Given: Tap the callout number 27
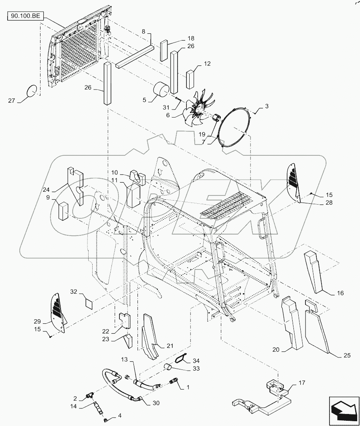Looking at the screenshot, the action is coord(11,101).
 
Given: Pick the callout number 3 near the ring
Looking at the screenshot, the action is coord(267,106).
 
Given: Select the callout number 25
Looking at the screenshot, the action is coord(347,355).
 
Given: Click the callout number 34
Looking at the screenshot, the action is coord(196,361).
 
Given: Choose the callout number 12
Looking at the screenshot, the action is coord(207,63).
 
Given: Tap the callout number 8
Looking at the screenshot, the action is coord(144,32).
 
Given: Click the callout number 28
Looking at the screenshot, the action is coord(329,203).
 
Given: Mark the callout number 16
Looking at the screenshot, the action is coord(340,293).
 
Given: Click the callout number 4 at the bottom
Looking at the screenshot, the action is coord(119,416).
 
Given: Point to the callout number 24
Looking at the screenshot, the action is coord(46,189).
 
